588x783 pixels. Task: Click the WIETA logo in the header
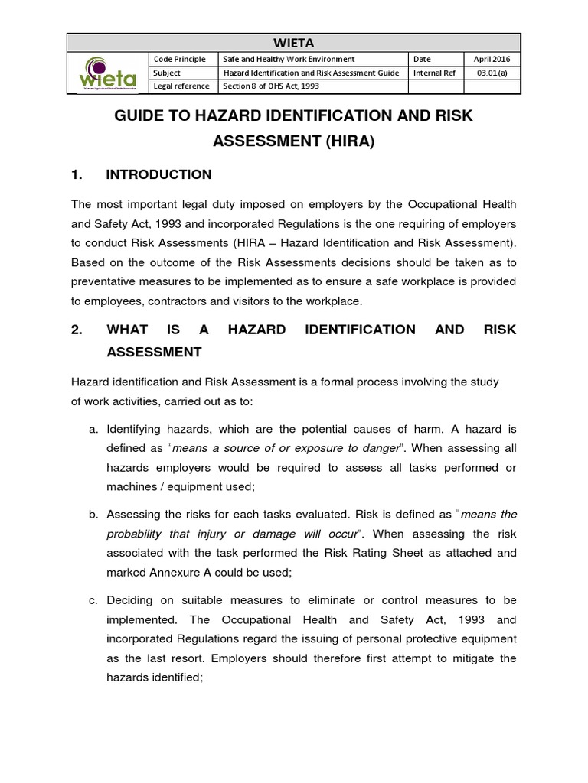tap(107, 73)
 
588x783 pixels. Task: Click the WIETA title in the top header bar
tap(293, 42)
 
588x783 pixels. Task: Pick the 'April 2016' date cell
tap(492, 59)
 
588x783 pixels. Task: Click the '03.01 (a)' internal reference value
tap(492, 73)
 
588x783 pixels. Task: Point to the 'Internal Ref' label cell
tap(435, 73)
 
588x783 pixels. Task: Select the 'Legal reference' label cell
tap(182, 86)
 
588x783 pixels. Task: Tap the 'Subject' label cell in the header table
tap(168, 73)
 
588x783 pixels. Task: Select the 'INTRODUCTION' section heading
tap(158, 174)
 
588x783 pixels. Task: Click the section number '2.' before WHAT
tap(77, 329)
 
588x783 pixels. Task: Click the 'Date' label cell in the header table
tap(422, 59)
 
